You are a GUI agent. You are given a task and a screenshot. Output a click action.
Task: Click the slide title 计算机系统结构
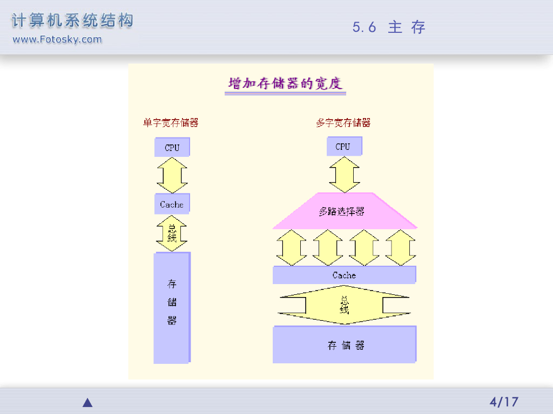click(x=72, y=21)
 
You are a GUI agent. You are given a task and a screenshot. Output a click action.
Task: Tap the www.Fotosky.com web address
click(x=57, y=39)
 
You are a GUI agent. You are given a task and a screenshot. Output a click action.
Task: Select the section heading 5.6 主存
click(x=389, y=27)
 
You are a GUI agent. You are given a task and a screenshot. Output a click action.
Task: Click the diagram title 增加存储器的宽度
click(x=285, y=84)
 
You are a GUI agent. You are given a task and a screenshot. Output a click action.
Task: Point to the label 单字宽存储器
click(x=171, y=123)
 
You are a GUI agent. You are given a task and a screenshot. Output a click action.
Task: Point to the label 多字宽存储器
click(x=343, y=123)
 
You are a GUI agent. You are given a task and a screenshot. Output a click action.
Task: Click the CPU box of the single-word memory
click(x=172, y=147)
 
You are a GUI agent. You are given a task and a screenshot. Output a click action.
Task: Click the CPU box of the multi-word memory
click(x=343, y=147)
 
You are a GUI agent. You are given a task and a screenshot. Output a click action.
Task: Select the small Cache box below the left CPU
click(x=172, y=204)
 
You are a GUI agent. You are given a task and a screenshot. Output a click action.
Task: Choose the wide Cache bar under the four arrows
click(x=344, y=275)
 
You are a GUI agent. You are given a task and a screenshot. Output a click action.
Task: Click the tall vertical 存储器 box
click(x=172, y=307)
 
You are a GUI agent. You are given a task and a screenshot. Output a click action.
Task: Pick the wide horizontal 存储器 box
click(x=345, y=345)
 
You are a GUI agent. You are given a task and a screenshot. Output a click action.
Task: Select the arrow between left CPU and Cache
click(x=172, y=175)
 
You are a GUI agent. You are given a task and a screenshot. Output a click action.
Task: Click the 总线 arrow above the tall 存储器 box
click(x=172, y=233)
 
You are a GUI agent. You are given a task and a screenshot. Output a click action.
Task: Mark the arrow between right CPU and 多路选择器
click(x=344, y=174)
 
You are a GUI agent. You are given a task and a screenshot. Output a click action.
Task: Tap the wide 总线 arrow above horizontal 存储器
click(x=344, y=305)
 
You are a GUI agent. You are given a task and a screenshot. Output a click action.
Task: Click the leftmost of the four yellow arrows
click(x=291, y=247)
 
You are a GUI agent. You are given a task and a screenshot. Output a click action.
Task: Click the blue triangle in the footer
click(x=87, y=403)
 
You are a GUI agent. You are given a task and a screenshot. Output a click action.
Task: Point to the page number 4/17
click(x=503, y=402)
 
